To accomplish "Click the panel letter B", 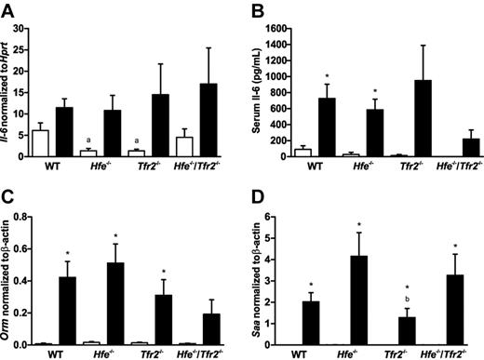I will click(253, 8).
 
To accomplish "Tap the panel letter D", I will click(254, 190).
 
